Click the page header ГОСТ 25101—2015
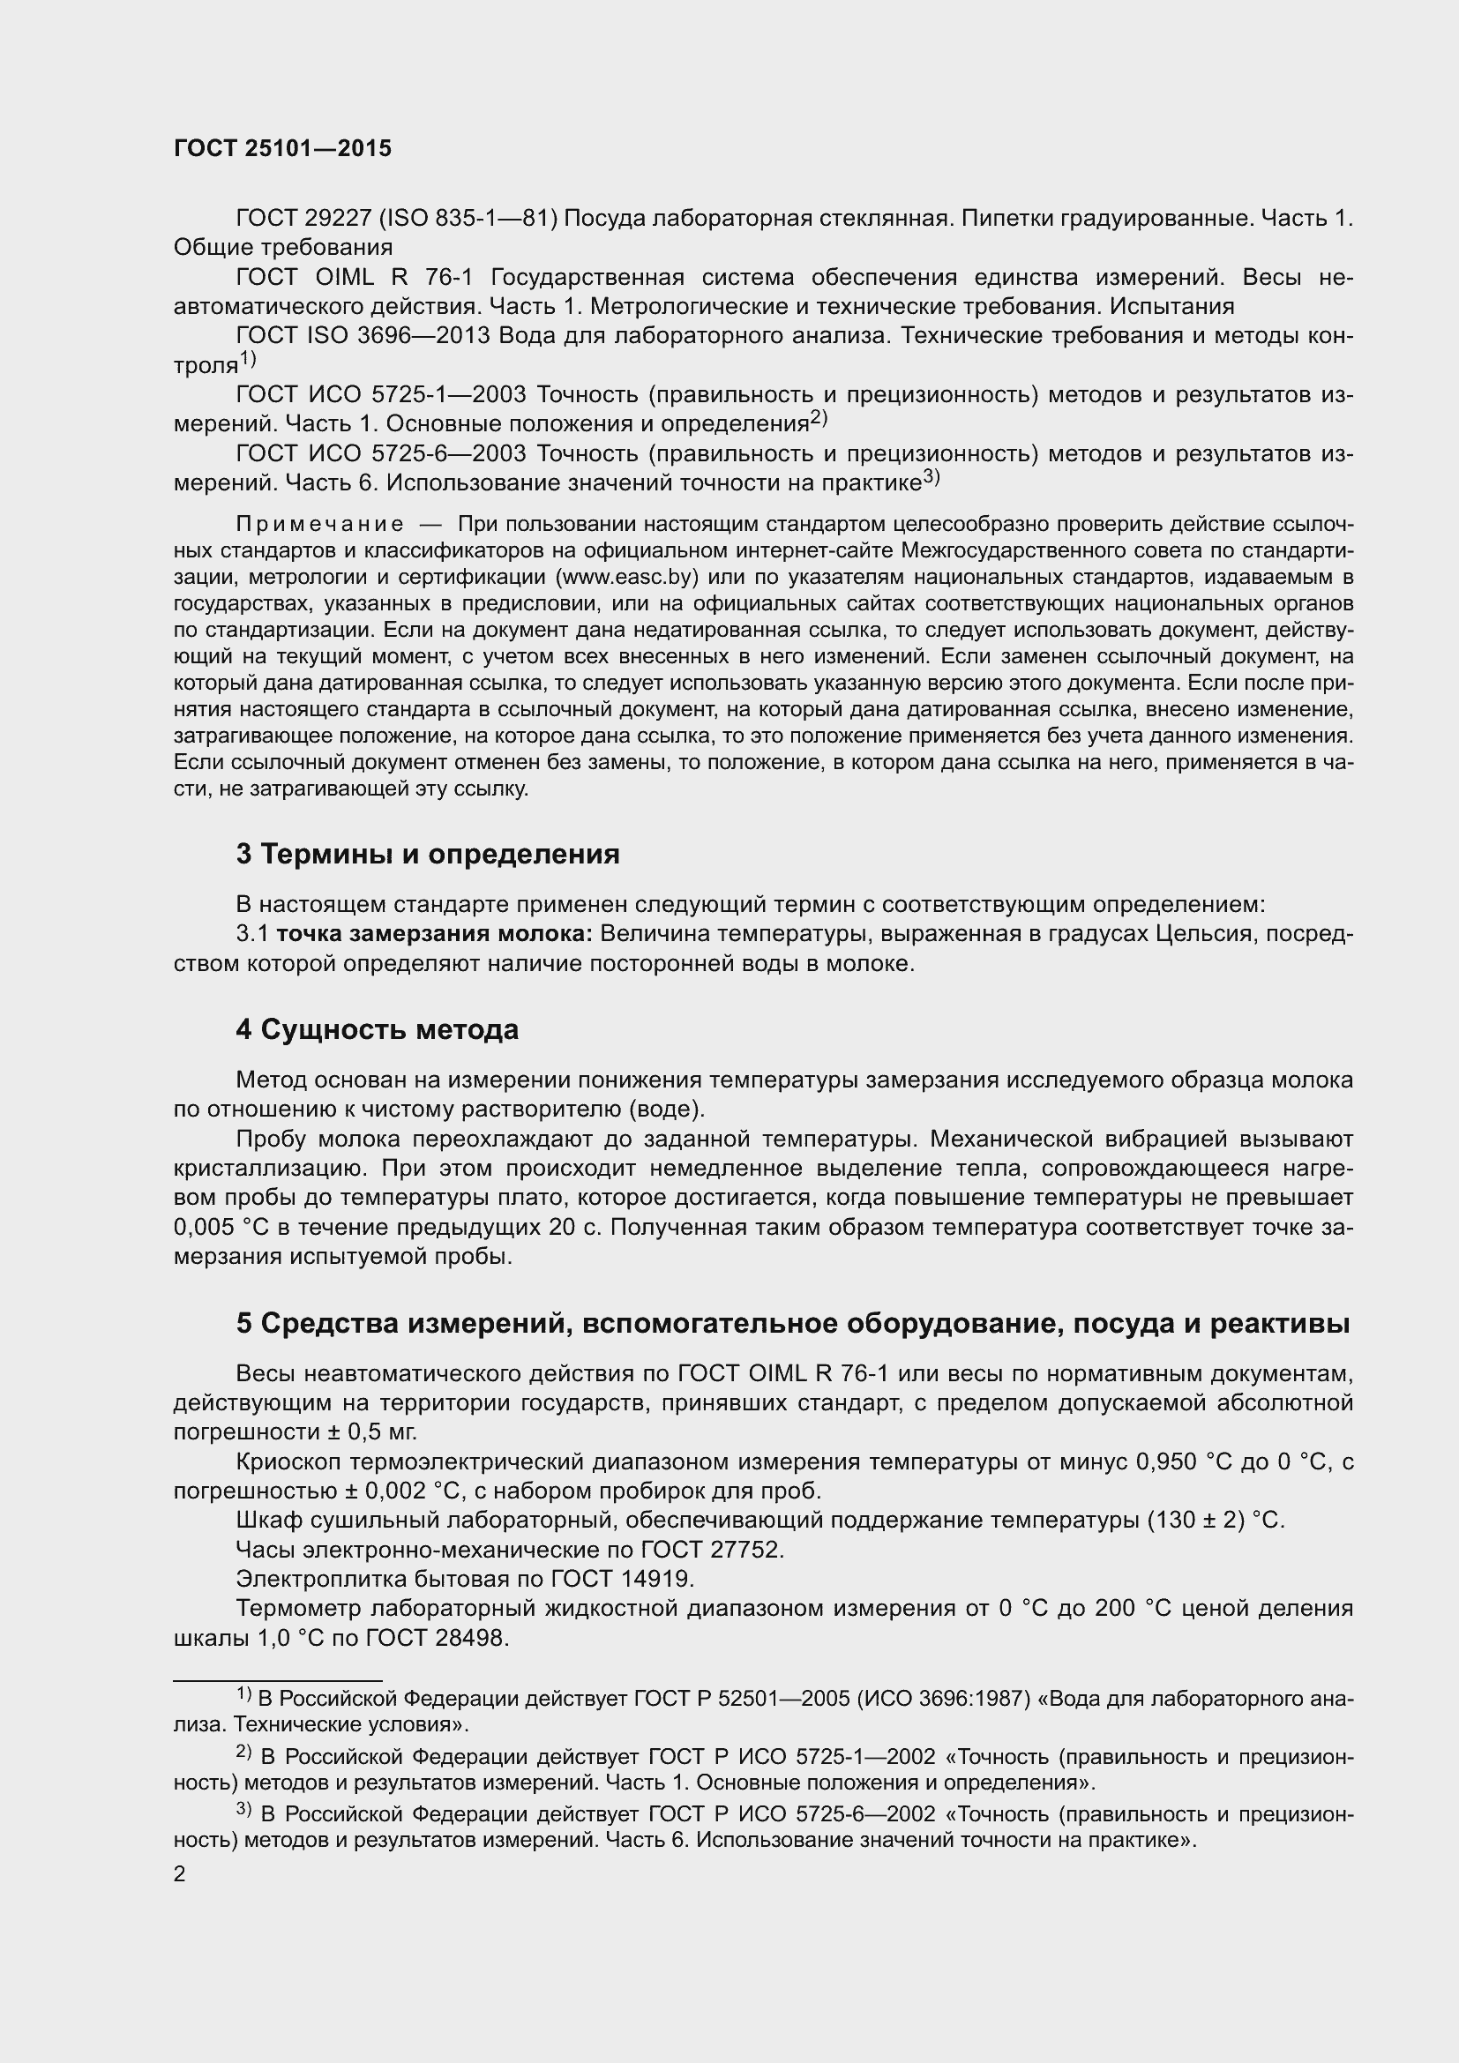tap(283, 149)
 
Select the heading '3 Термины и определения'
tap(428, 854)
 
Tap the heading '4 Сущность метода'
tap(378, 1029)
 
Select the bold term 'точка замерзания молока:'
tap(434, 934)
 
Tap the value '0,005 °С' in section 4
tap(215, 1228)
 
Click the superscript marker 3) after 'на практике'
tap(931, 478)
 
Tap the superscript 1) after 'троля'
tap(248, 361)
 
